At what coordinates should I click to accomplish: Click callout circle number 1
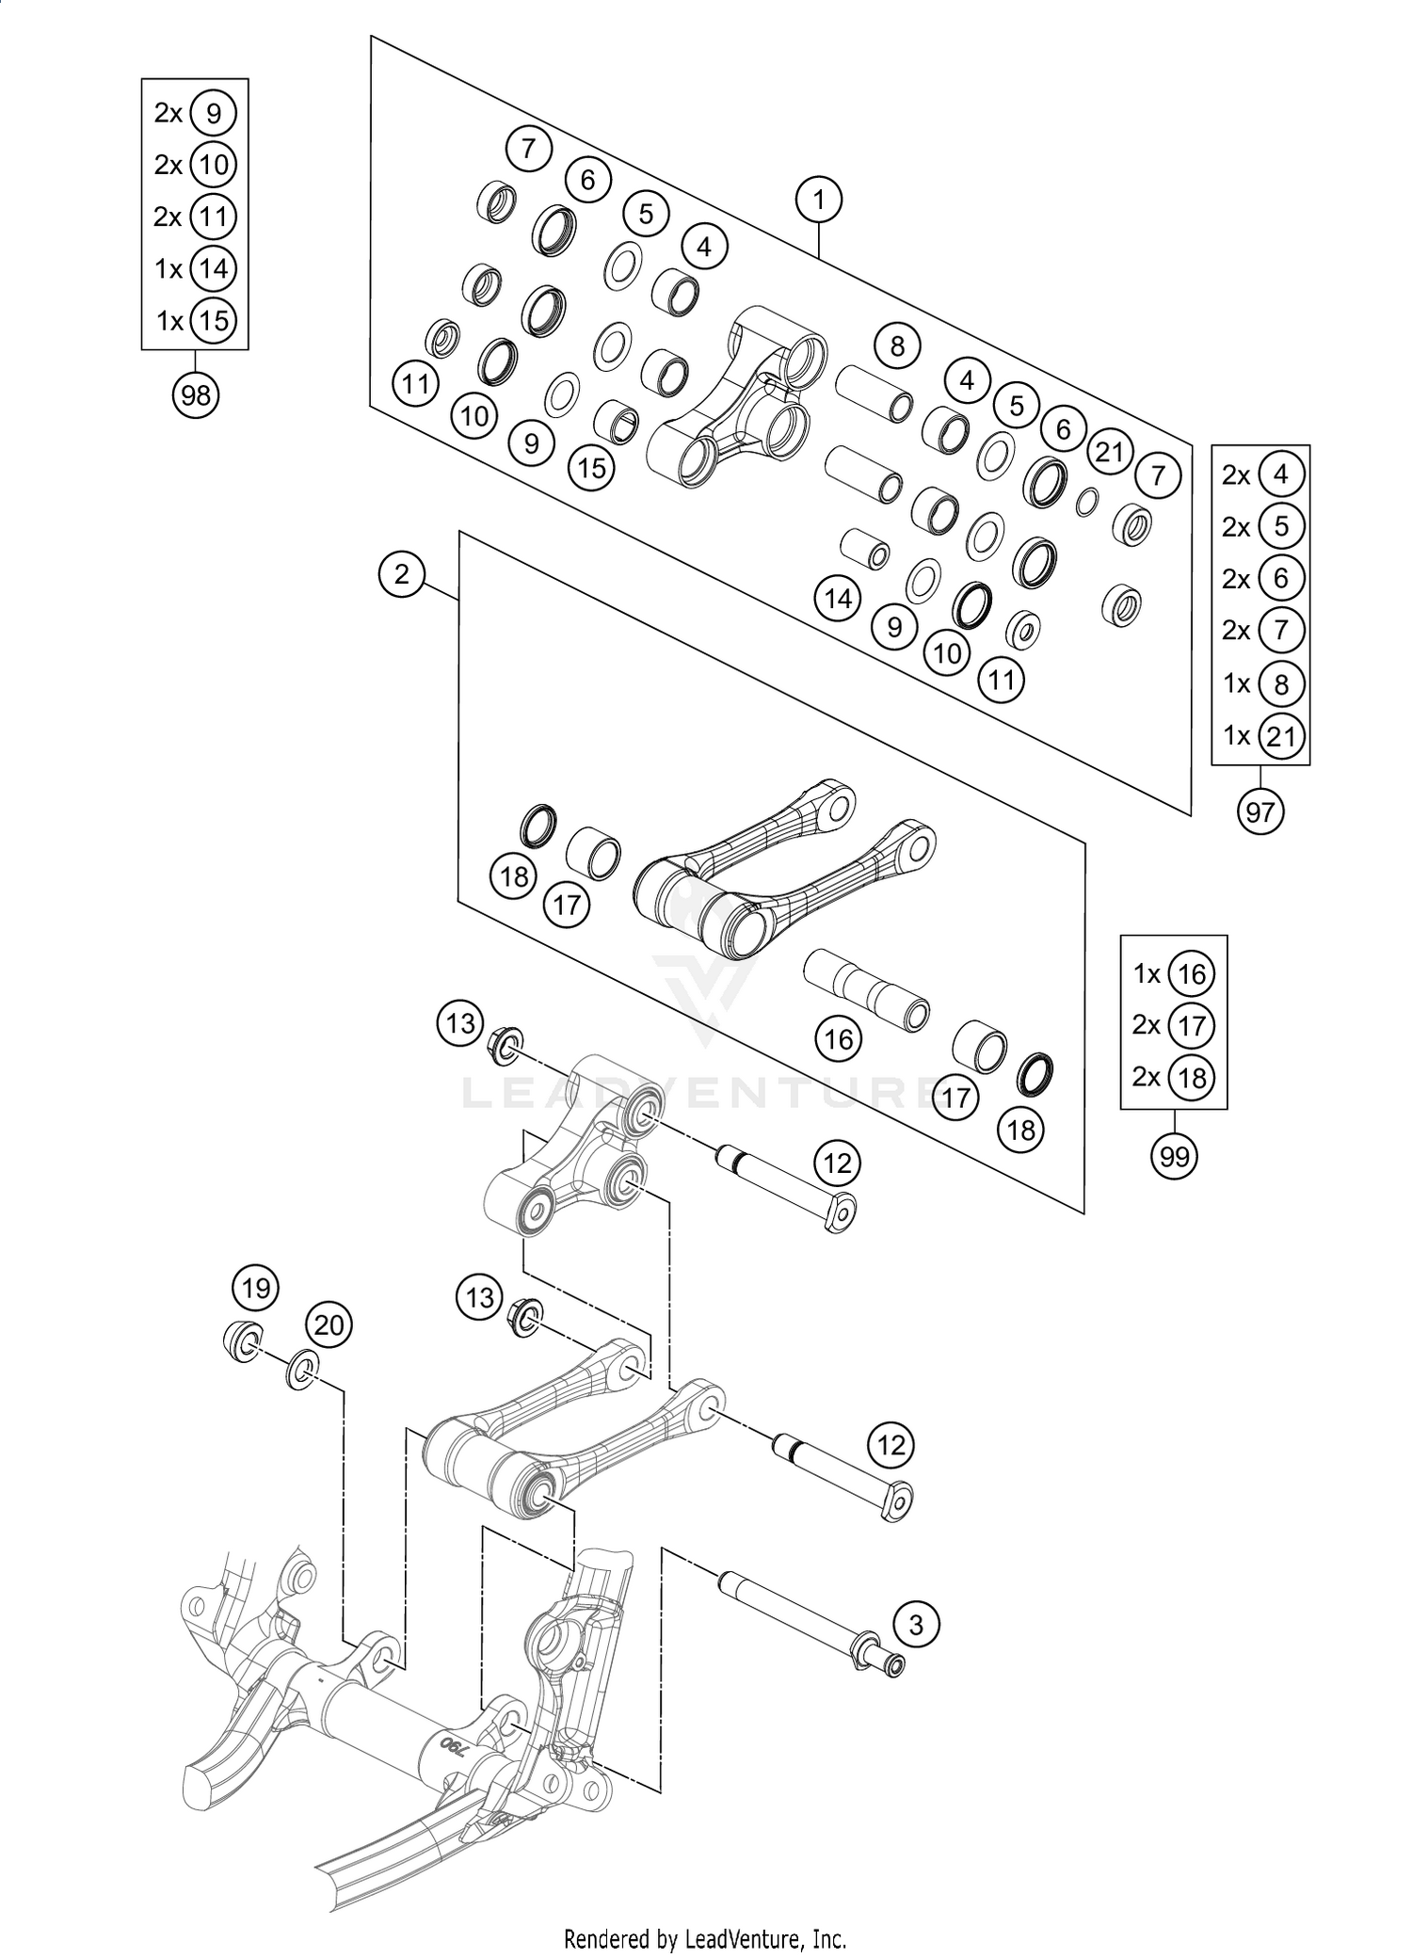818,200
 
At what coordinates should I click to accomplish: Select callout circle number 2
403,573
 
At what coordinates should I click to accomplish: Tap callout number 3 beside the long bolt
916,1624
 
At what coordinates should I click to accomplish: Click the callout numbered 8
896,346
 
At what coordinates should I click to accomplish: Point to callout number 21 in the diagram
1110,453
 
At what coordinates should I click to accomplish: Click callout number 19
256,1288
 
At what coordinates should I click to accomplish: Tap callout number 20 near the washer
329,1325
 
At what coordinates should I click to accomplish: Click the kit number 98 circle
195,395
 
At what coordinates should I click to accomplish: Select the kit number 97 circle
1260,811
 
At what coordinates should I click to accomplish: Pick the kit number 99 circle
1174,1156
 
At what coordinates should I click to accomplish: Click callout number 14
838,599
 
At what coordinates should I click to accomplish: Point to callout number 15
592,467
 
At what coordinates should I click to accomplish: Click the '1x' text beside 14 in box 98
168,269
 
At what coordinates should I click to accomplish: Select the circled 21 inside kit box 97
1280,736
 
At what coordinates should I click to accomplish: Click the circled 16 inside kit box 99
1192,974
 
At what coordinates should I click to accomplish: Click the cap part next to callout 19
243,1340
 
